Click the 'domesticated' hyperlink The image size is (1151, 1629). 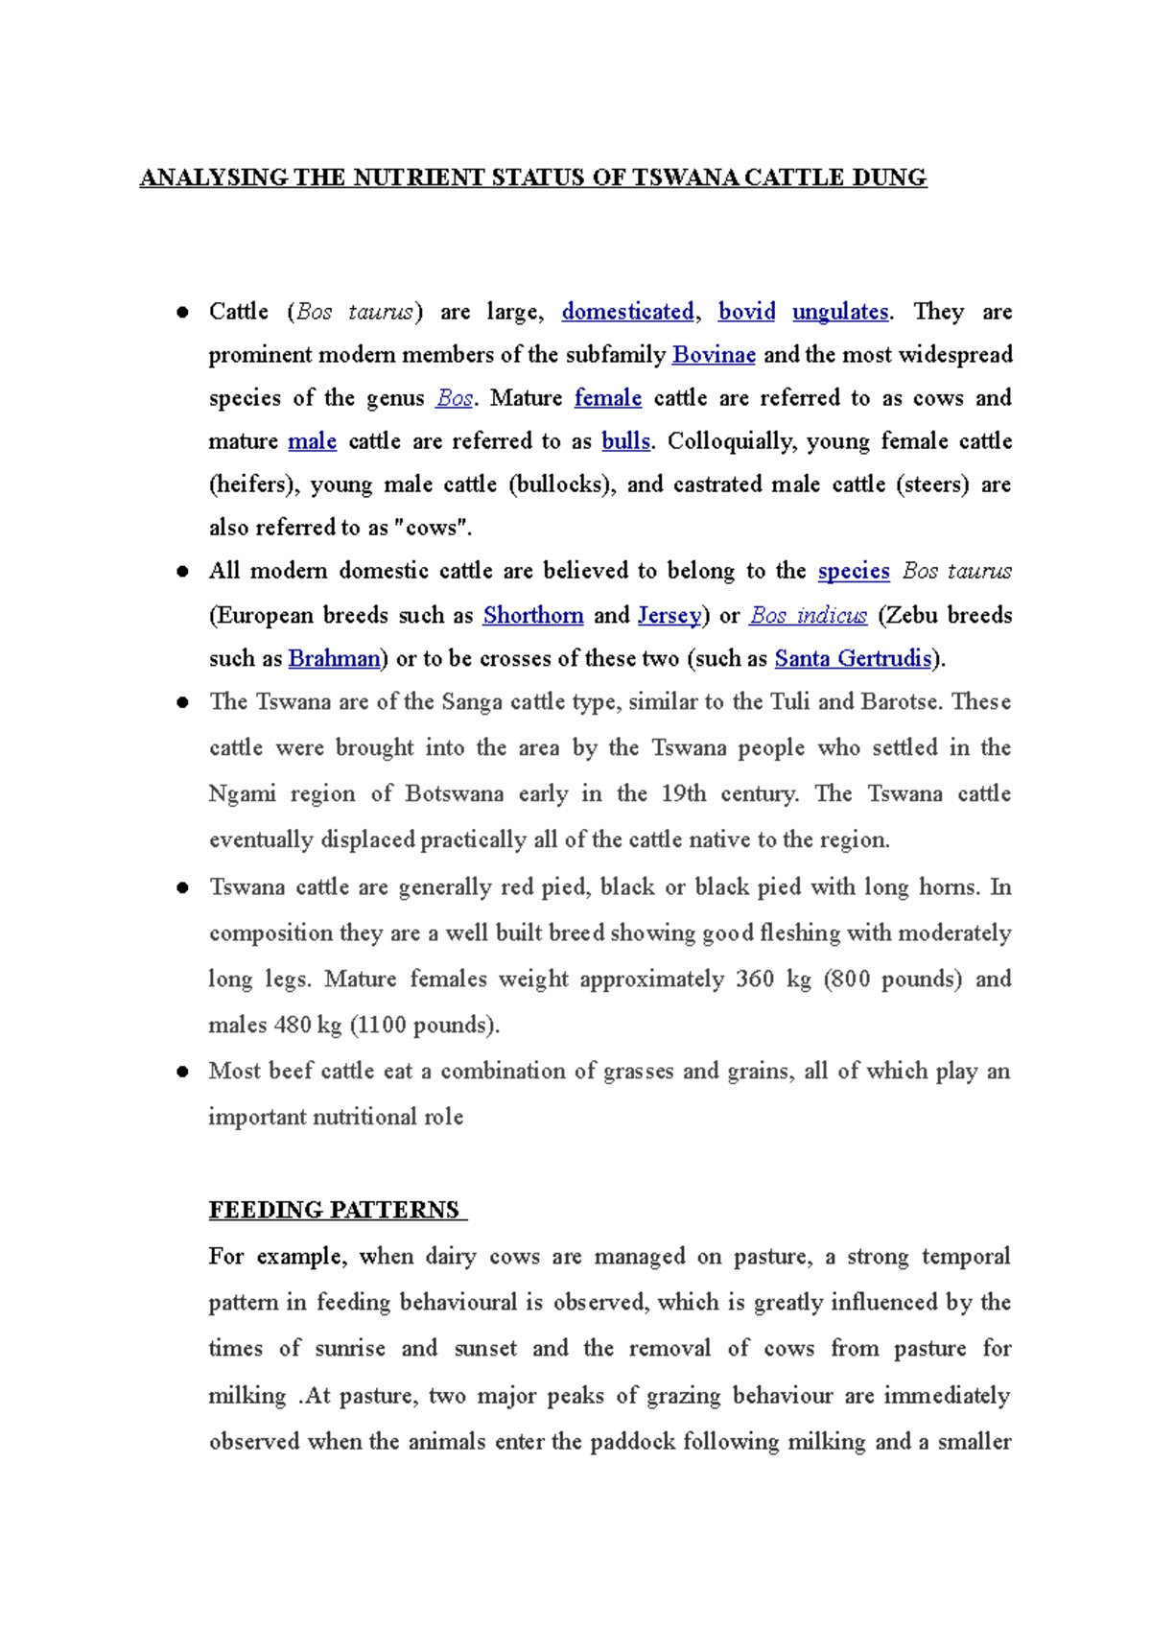(x=627, y=312)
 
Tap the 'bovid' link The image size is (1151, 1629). (x=746, y=312)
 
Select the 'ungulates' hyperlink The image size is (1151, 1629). (x=840, y=312)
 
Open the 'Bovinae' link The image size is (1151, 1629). (x=714, y=355)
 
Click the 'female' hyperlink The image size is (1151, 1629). (x=608, y=398)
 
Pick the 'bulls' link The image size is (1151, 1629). (x=625, y=441)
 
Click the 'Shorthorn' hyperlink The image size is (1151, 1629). (x=532, y=615)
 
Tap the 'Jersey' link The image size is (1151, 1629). (x=669, y=615)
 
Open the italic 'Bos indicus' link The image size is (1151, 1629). (x=808, y=615)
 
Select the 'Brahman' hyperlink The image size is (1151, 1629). (x=334, y=658)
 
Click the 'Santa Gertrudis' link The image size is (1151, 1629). (x=853, y=658)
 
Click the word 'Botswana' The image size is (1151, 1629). (x=454, y=794)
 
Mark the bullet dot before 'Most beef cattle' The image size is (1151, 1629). (x=182, y=1072)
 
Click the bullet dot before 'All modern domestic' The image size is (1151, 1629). (x=182, y=572)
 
